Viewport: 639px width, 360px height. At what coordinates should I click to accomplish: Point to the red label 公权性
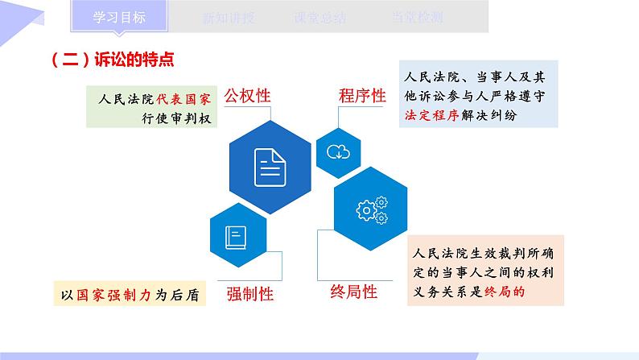(x=247, y=95)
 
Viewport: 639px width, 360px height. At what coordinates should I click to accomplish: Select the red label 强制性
(x=249, y=294)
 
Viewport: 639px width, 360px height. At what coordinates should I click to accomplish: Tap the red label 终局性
(x=354, y=292)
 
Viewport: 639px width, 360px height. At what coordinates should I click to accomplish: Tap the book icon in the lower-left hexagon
(x=237, y=237)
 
